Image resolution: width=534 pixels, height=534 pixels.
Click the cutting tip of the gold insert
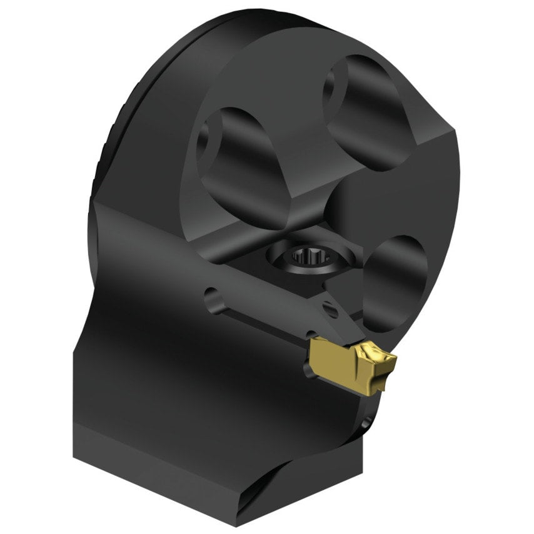click(x=392, y=360)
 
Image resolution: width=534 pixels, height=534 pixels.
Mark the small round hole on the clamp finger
click(x=328, y=308)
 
